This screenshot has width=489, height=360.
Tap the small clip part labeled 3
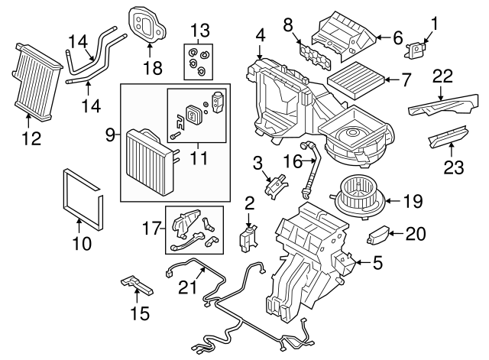pos(275,183)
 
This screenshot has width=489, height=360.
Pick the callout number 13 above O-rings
pos(199,30)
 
